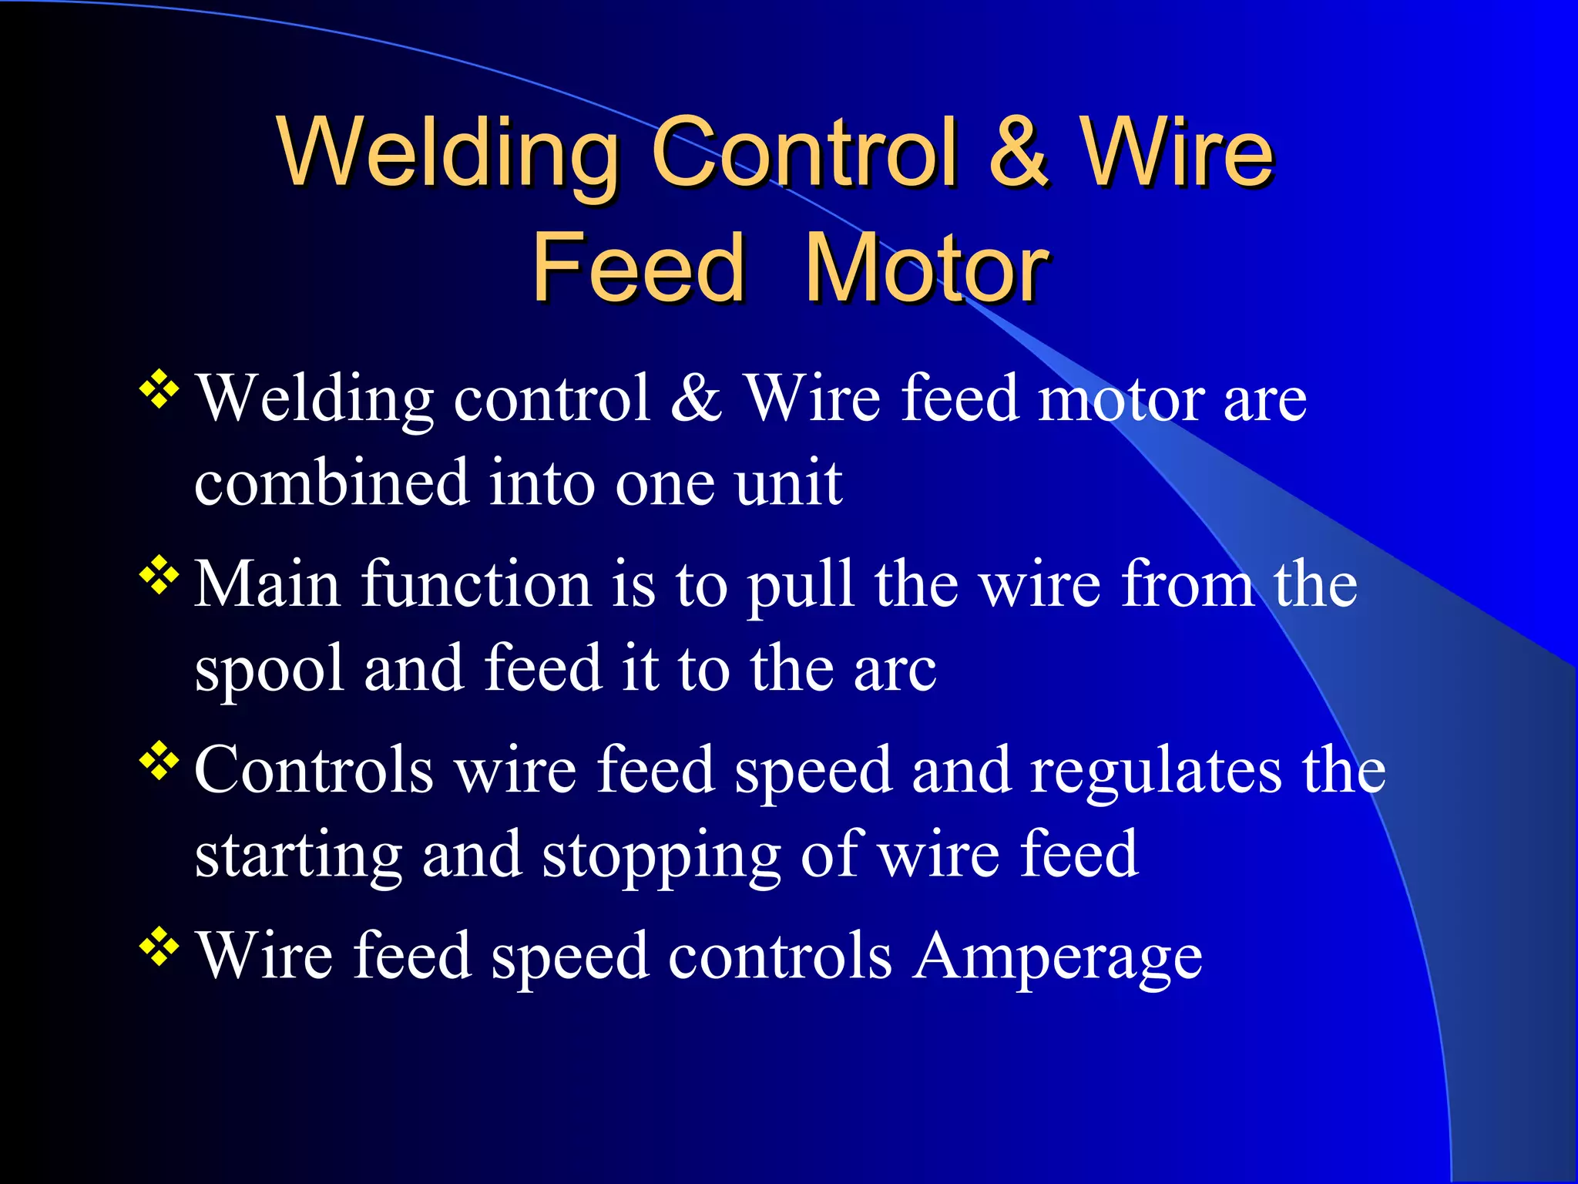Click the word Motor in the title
pos(926,268)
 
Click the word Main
pos(267,584)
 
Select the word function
pos(476,584)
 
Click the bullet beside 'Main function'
pos(159,574)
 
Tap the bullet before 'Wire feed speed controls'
pos(159,946)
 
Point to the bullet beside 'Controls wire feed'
pos(159,761)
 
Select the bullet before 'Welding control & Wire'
pos(159,388)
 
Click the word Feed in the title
pos(638,268)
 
